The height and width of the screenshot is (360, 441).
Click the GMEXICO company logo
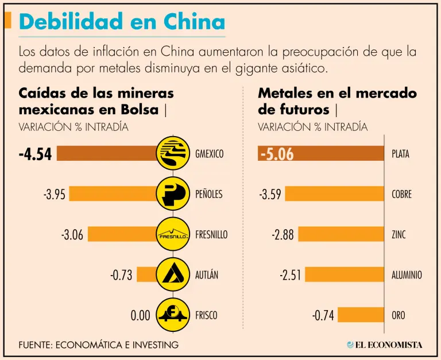[174, 154]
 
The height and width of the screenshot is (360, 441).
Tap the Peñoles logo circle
[174, 194]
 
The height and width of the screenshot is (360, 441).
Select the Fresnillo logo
[174, 234]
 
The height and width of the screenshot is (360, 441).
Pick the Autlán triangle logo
[174, 274]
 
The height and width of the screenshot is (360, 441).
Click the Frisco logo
[174, 315]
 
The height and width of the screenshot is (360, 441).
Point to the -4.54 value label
[35, 154]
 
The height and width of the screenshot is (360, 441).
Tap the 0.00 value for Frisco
[140, 315]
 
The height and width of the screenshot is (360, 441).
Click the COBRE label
[401, 194]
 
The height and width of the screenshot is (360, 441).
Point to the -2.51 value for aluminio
[290, 275]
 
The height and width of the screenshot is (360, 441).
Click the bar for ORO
[361, 315]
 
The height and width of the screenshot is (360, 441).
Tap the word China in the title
[194, 22]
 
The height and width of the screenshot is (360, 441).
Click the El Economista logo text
[388, 344]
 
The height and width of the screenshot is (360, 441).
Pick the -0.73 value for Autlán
[121, 275]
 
